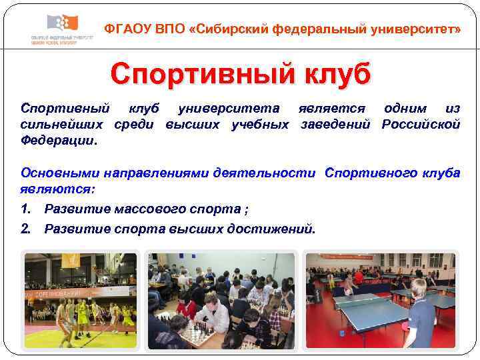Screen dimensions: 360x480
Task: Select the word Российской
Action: [421, 125]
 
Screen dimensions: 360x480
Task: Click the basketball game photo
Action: [80, 300]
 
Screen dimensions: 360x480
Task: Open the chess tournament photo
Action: [221, 300]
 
